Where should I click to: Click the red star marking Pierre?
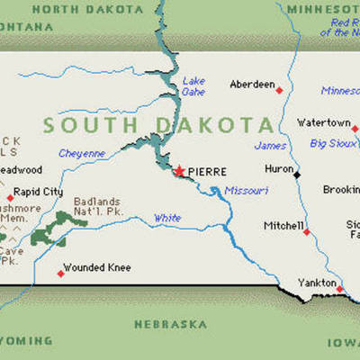(x=180, y=169)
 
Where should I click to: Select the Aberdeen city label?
(x=252, y=84)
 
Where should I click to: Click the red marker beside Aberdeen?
(x=279, y=89)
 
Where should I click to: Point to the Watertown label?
(x=324, y=121)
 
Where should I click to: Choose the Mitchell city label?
(x=283, y=225)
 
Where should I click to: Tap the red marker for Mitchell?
(x=307, y=232)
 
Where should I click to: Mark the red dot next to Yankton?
(x=340, y=288)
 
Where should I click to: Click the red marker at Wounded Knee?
(x=61, y=273)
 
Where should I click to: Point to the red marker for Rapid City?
(x=11, y=197)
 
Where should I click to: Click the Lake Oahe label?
(x=193, y=85)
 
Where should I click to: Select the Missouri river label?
(x=246, y=190)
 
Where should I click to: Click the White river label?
(x=166, y=218)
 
